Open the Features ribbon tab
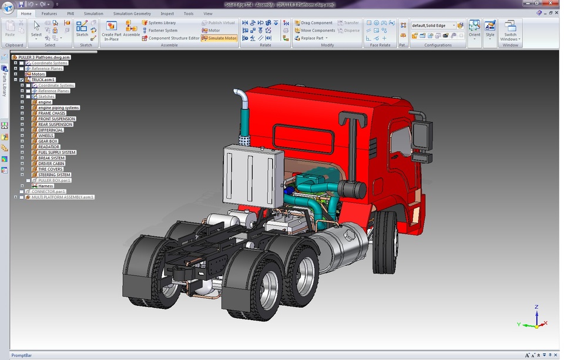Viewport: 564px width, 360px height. (x=49, y=13)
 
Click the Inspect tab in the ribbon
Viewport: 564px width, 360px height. (x=167, y=13)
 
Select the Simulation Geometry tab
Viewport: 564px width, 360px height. (x=132, y=13)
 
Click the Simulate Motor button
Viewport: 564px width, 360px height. (x=219, y=38)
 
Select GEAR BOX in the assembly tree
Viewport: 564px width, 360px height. (x=48, y=142)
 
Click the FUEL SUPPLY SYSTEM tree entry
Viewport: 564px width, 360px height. (x=57, y=153)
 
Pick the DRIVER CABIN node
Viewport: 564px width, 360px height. (x=51, y=164)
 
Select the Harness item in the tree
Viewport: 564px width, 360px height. (x=46, y=186)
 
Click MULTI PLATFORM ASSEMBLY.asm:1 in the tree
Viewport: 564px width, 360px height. (x=62, y=197)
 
